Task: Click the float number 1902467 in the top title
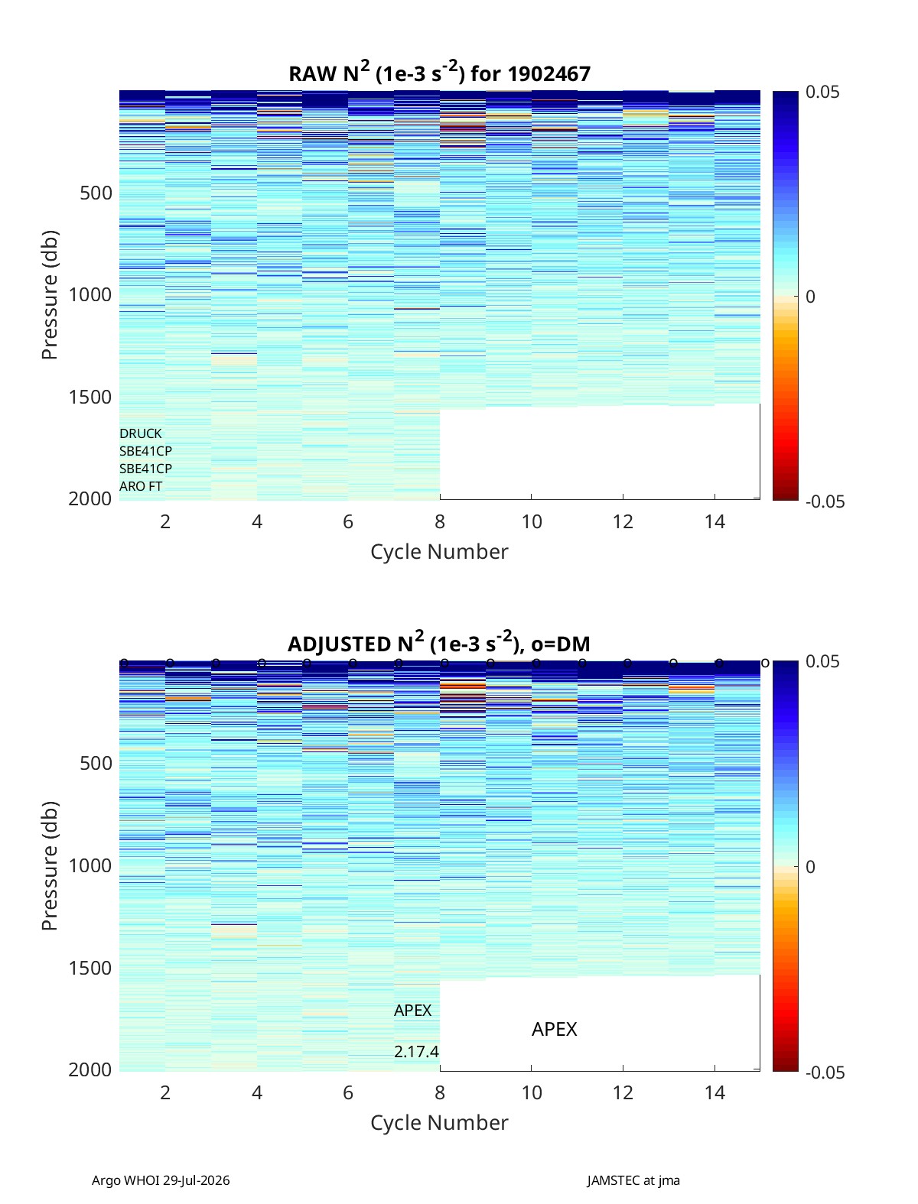click(x=549, y=74)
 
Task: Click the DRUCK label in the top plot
click(x=141, y=433)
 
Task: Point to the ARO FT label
click(x=141, y=486)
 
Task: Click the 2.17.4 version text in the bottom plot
click(x=416, y=1052)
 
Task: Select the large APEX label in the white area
click(x=554, y=1029)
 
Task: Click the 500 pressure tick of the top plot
click(x=96, y=193)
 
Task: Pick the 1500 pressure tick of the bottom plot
click(x=90, y=968)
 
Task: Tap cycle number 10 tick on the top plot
click(x=531, y=521)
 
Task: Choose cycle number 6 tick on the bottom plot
click(x=348, y=1092)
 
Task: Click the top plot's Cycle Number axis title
click(x=439, y=552)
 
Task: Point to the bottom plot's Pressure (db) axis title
click(x=50, y=866)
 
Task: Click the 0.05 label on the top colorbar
click(x=822, y=92)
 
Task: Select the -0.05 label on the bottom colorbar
click(x=825, y=1073)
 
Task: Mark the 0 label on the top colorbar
click(x=810, y=297)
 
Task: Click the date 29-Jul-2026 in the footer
click(x=196, y=1180)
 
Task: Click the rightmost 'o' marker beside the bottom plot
click(x=765, y=664)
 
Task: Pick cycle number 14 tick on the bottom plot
click(x=715, y=1092)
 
